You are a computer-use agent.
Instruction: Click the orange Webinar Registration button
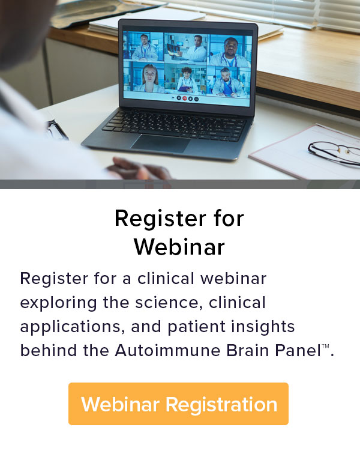coord(178,404)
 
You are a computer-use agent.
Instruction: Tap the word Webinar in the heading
coord(179,246)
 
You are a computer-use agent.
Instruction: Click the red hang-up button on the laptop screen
coord(185,97)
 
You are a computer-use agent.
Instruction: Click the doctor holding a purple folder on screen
coord(187,79)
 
